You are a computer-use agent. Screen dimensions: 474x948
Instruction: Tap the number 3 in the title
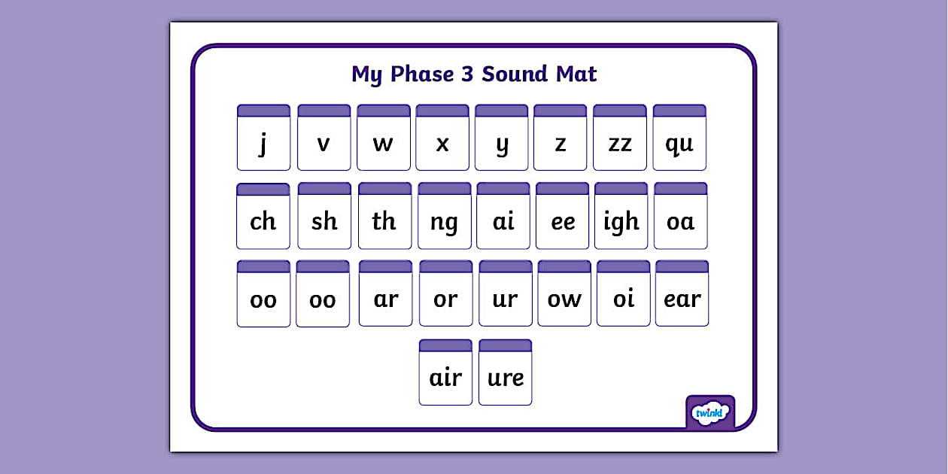tap(468, 74)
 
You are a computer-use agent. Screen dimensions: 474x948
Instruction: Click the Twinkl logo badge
tap(709, 412)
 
